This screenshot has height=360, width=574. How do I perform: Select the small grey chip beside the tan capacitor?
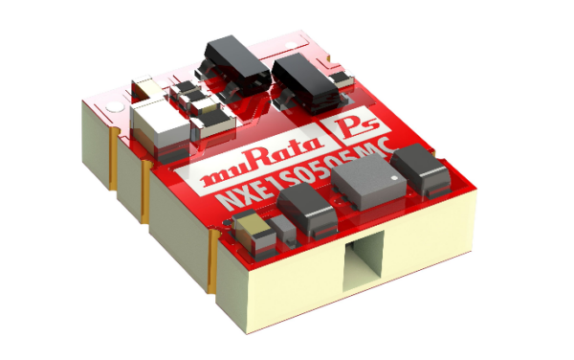click(276, 226)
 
